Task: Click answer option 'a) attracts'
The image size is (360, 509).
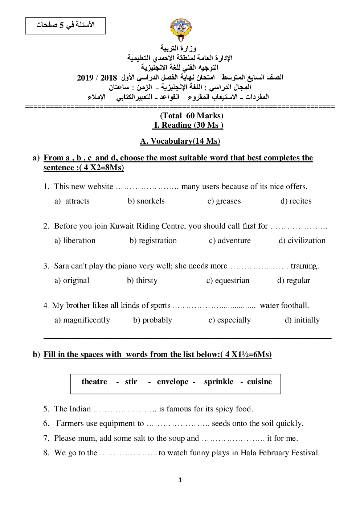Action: (x=72, y=201)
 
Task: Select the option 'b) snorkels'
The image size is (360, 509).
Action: (x=146, y=201)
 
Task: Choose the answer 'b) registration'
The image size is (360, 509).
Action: (x=153, y=241)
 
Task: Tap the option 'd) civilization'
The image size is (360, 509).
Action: (x=302, y=241)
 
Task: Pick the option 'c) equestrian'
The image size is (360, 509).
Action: (x=228, y=280)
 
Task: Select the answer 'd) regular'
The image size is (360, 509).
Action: (x=294, y=280)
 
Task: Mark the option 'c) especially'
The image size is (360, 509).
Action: (x=229, y=320)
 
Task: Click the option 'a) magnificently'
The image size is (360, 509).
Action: (x=82, y=320)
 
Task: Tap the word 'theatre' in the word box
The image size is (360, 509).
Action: (x=94, y=382)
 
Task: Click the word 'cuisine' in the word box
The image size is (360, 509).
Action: (x=259, y=382)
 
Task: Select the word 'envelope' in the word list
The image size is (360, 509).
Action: (x=173, y=382)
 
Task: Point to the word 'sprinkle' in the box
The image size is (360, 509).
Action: (x=218, y=382)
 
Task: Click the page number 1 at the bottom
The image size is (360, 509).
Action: (x=180, y=480)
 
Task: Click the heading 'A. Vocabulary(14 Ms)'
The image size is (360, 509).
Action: (x=180, y=141)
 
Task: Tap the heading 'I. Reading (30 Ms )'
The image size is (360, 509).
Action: (x=188, y=125)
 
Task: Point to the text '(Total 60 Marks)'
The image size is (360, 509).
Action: (x=192, y=116)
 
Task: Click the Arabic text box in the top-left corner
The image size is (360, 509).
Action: (x=65, y=25)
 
